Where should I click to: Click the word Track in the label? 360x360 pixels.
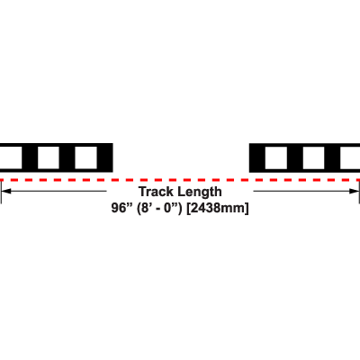[x=157, y=192]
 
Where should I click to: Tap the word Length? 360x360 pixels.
[x=200, y=192]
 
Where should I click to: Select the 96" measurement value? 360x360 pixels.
[x=121, y=208]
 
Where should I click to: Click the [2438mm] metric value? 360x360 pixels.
[x=218, y=208]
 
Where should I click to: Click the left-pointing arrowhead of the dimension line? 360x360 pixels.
[x=6, y=191]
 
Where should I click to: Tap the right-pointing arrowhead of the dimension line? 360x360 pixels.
[x=354, y=191]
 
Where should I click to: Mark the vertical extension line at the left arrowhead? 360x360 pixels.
[x=1, y=193]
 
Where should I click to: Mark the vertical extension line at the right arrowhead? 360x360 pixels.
[x=359, y=193]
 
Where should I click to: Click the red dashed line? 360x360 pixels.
[x=180, y=180]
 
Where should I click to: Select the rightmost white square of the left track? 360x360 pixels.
[x=85, y=157]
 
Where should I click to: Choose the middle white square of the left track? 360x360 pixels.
[x=49, y=157]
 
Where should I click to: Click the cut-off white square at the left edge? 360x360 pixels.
[x=11, y=157]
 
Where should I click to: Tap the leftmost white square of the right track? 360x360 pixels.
[x=276, y=157]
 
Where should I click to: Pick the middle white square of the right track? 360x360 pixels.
[x=313, y=157]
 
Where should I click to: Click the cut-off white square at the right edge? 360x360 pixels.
[x=350, y=157]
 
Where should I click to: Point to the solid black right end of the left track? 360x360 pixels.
[x=105, y=157]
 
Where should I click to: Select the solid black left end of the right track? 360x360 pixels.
[x=257, y=157]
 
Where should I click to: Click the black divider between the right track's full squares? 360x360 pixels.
[x=295, y=157]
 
